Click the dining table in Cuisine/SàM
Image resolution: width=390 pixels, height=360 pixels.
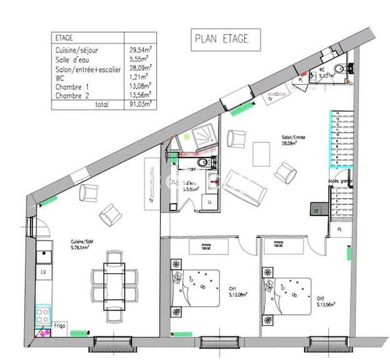click(114, 283)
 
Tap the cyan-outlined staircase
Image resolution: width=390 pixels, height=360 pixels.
click(341, 139)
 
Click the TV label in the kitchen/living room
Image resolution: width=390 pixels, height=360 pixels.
click(151, 200)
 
